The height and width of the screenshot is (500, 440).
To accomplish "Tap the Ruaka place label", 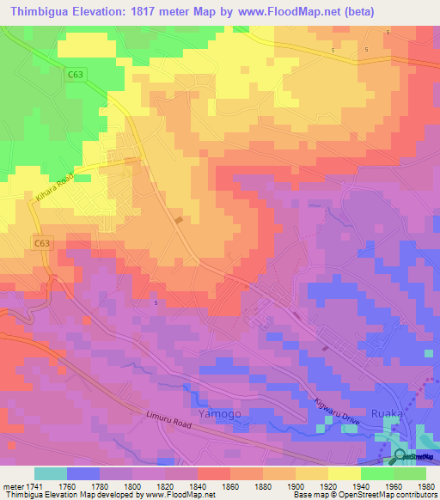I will point(387,413).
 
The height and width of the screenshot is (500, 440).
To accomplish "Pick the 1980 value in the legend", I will point(425,486).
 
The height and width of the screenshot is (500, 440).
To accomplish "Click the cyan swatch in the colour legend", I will point(50,473).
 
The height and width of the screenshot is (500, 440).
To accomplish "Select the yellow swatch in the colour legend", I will point(344,473).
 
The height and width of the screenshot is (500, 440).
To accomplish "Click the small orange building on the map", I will point(179,221).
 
